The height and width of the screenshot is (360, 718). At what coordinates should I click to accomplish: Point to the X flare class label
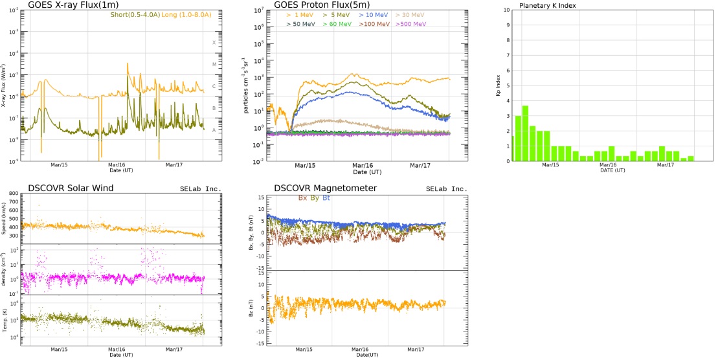click(214, 42)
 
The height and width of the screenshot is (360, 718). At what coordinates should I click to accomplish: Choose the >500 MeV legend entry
click(412, 24)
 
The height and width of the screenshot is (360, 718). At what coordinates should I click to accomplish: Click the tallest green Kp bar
click(526, 133)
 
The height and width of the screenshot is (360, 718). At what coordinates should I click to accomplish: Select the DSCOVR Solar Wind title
click(71, 188)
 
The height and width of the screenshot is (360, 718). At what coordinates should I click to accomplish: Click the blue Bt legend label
click(326, 197)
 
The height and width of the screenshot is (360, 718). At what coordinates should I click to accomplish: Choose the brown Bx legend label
click(302, 197)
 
